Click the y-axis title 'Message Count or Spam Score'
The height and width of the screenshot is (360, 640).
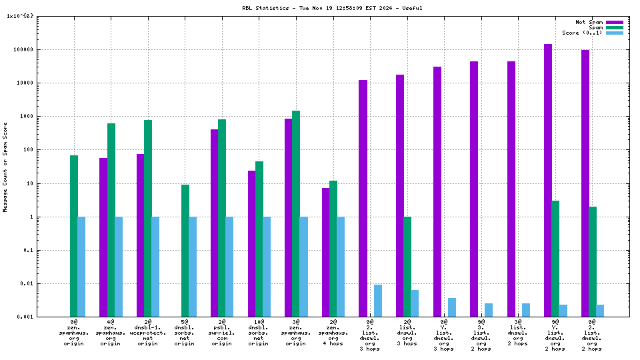5,167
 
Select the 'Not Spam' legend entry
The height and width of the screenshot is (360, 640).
589,22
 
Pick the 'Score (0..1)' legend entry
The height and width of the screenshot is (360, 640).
582,33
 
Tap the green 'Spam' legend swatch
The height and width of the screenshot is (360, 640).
614,27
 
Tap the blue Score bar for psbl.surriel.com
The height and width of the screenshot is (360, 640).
229,267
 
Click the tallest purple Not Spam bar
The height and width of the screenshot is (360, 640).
548,180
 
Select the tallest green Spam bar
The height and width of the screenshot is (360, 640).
296,213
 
